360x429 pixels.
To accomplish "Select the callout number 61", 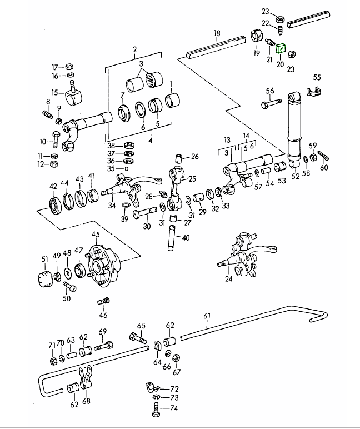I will (208, 317).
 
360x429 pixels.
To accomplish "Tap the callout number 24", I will (228, 280).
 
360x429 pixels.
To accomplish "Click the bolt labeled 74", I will (156, 412).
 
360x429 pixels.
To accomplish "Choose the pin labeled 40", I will (172, 238).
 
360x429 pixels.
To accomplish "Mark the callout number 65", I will (141, 326).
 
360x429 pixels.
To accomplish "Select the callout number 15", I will (54, 92).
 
